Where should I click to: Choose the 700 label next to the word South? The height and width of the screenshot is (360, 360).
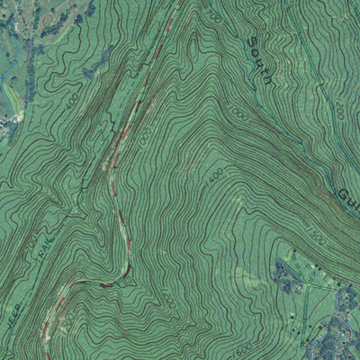[x=214, y=16]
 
